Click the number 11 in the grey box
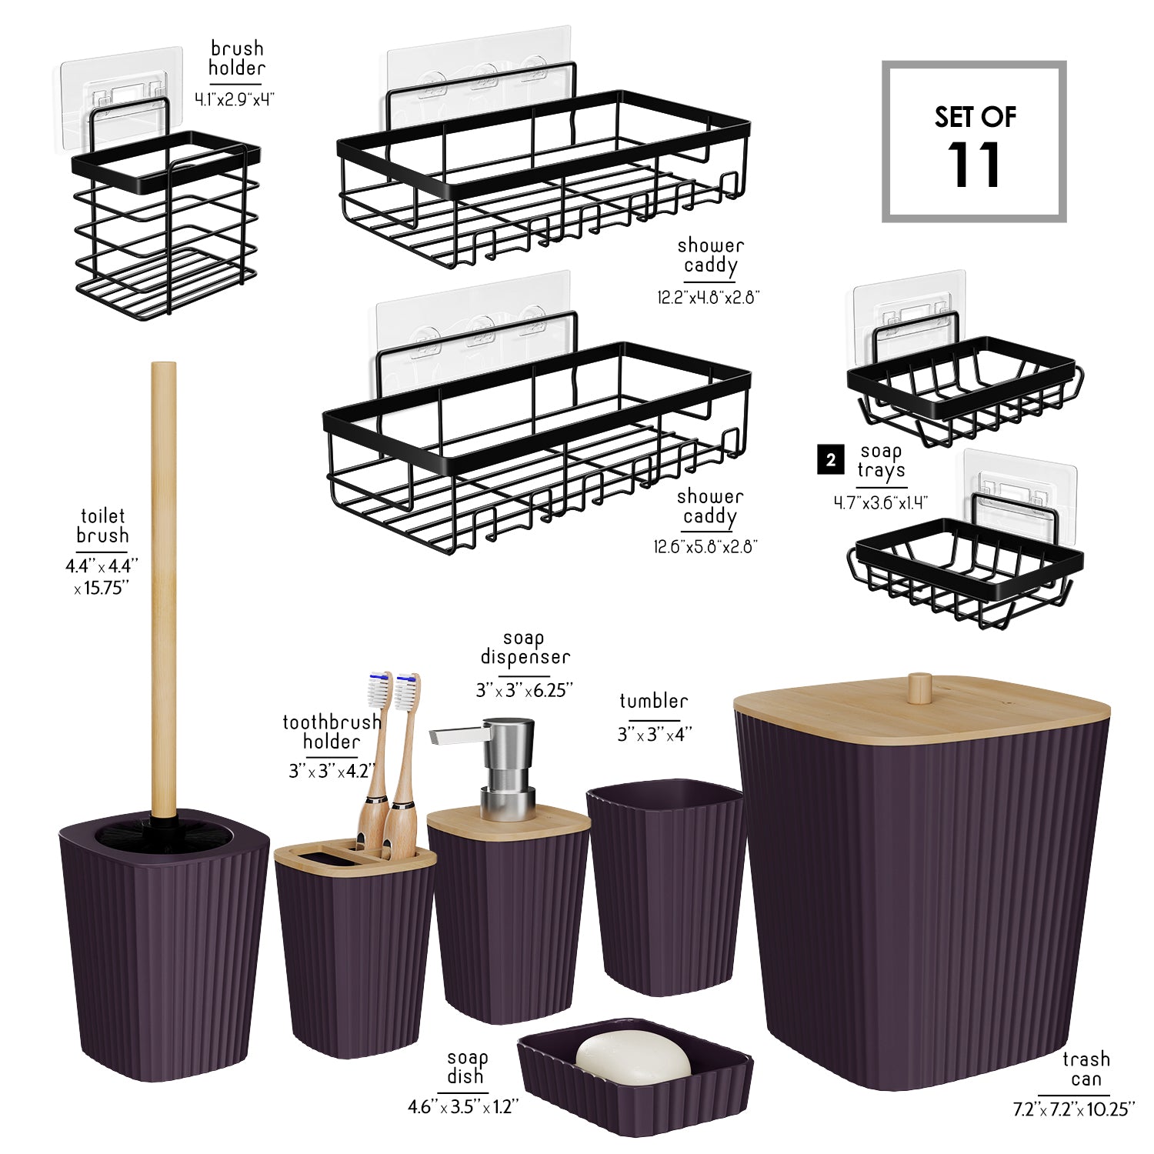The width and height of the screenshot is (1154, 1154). click(974, 165)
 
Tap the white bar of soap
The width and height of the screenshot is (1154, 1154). click(633, 1057)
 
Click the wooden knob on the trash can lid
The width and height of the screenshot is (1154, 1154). click(919, 688)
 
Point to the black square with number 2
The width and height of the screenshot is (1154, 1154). click(831, 460)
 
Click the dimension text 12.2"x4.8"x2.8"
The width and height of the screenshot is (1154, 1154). click(709, 297)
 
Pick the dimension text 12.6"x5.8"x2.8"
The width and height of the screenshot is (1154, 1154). click(706, 546)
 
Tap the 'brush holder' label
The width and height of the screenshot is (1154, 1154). click(236, 58)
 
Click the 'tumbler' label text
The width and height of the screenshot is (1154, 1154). click(653, 701)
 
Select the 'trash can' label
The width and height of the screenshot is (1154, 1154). click(1086, 1069)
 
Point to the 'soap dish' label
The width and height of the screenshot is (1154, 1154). click(466, 1067)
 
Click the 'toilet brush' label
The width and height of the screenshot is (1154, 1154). click(102, 526)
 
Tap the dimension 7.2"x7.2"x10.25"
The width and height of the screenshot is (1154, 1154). click(1074, 1109)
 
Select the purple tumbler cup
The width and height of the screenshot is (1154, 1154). click(665, 887)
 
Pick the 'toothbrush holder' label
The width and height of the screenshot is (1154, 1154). click(332, 732)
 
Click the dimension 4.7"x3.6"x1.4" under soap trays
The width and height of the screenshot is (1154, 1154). click(881, 503)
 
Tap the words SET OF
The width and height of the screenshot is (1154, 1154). click(975, 117)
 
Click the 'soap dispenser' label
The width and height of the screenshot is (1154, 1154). click(525, 648)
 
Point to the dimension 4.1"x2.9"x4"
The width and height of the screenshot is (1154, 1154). click(235, 99)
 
